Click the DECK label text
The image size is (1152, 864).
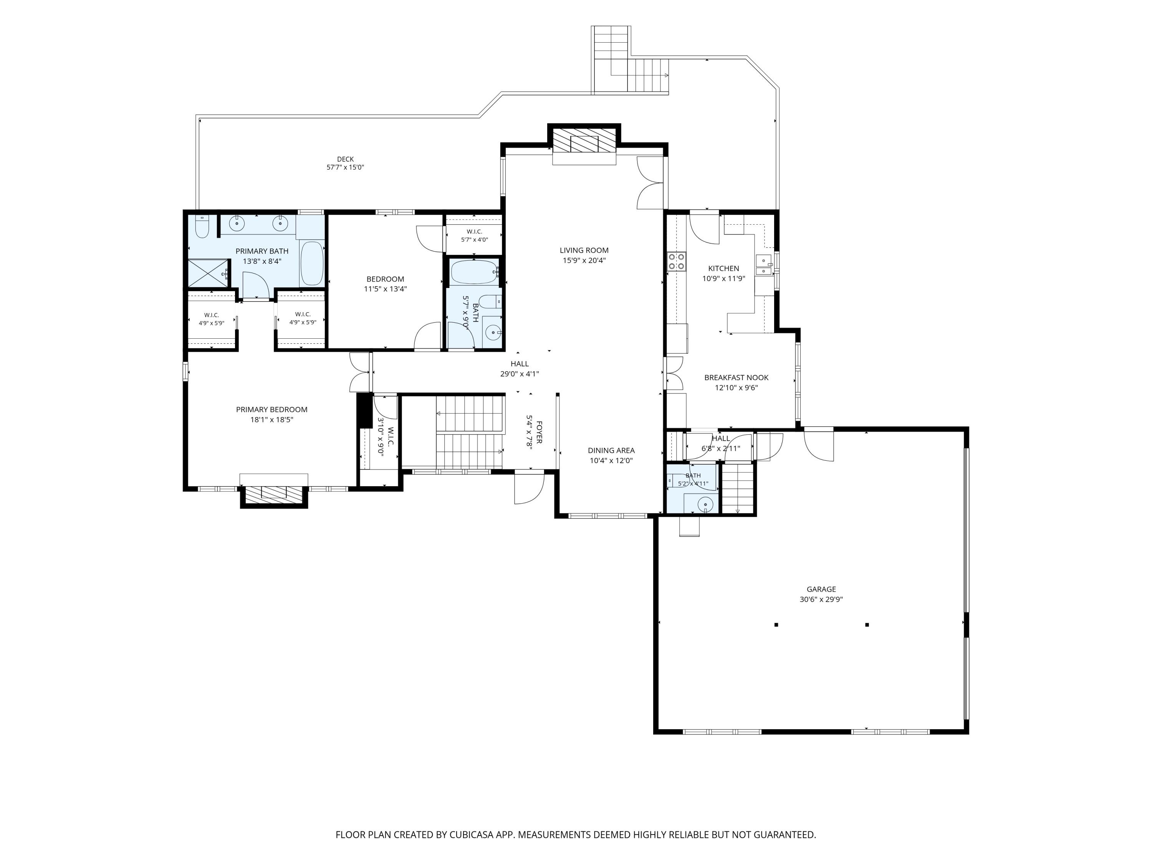(345, 159)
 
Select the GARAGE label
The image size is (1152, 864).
(821, 589)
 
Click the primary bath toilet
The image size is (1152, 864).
(202, 226)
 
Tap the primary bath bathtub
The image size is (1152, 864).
(312, 263)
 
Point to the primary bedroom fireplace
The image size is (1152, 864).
(273, 495)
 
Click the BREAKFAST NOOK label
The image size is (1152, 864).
(737, 377)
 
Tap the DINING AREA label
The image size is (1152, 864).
(611, 450)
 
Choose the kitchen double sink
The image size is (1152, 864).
(764, 265)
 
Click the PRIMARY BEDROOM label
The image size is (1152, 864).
(272, 409)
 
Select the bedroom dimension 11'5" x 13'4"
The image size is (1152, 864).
(386, 289)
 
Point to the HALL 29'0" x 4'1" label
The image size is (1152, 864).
(520, 369)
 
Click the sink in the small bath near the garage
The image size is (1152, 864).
(705, 504)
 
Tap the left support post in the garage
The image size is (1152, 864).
(776, 624)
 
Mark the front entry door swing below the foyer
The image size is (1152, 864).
(529, 488)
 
